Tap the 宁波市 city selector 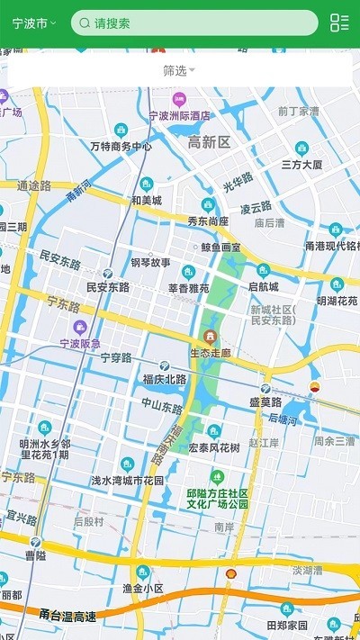[34, 23]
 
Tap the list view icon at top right [339, 23]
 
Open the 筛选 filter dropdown [179, 70]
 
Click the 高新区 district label [209, 142]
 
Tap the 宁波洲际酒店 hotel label [179, 115]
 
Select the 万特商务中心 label [121, 145]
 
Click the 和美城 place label [146, 200]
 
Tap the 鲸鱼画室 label [220, 247]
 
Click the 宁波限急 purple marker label [80, 343]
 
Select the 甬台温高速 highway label [67, 616]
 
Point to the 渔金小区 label [142, 588]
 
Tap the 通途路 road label [34, 185]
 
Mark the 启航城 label [264, 287]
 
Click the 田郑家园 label [287, 625]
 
